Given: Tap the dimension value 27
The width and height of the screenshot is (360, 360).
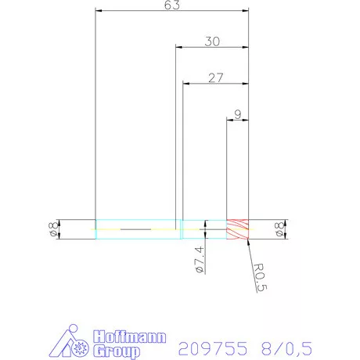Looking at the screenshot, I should [216, 77].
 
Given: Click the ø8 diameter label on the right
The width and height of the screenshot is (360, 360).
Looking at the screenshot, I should [279, 229].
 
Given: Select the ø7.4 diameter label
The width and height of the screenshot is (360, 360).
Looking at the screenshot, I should [199, 259].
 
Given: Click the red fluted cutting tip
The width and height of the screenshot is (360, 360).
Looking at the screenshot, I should [237, 229].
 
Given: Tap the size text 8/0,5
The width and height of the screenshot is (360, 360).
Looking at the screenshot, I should [273, 347].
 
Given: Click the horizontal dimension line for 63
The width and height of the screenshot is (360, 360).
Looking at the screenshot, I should [141, 12].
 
